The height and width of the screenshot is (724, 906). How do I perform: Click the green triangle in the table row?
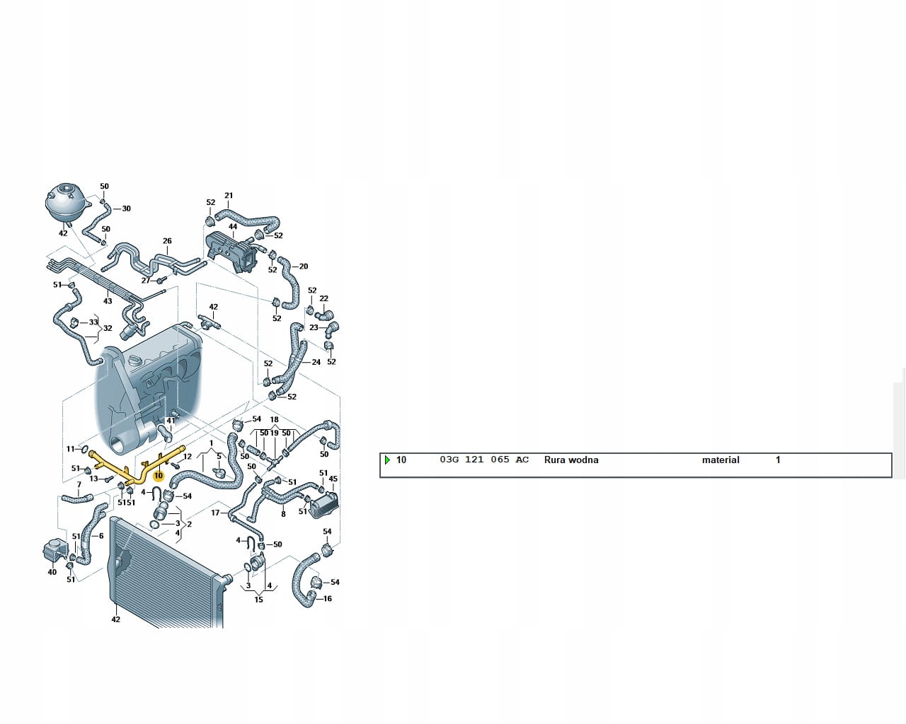click(x=387, y=460)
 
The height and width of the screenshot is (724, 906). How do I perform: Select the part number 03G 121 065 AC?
click(x=484, y=460)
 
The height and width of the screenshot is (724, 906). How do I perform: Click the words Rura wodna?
click(x=571, y=460)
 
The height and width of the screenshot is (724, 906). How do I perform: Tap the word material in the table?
click(x=721, y=460)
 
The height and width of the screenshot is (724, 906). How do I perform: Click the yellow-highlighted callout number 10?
click(x=159, y=476)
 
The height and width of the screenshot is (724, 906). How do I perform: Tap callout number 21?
click(x=229, y=196)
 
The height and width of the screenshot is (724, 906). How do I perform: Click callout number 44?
click(x=233, y=227)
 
